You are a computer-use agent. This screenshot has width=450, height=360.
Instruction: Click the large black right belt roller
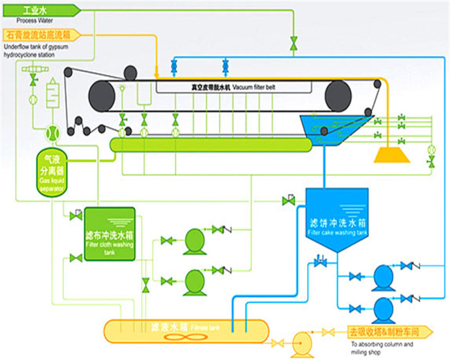(x=339, y=93)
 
